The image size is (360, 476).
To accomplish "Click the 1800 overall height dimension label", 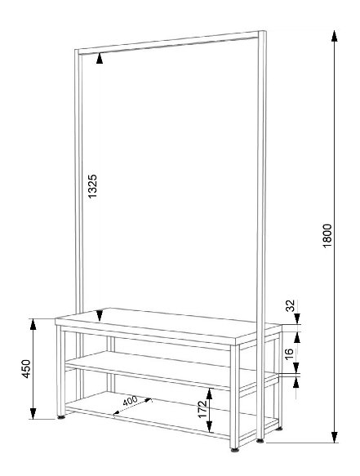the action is pyautogui.click(x=327, y=236).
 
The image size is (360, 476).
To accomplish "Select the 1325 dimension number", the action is pyautogui.click(x=92, y=186).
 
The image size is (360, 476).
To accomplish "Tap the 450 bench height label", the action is pyautogui.click(x=26, y=369).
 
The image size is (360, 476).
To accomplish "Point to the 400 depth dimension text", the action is pyautogui.click(x=131, y=401).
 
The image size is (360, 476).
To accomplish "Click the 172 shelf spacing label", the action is pyautogui.click(x=202, y=409).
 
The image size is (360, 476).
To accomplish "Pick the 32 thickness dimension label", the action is pyautogui.click(x=291, y=305).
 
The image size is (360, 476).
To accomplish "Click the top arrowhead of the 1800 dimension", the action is pyautogui.click(x=334, y=36).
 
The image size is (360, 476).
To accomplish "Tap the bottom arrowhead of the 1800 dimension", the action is pyautogui.click(x=334, y=437).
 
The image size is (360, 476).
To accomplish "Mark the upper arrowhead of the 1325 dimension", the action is pyautogui.click(x=100, y=59).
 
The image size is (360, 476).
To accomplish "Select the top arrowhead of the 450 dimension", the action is pyautogui.click(x=33, y=324).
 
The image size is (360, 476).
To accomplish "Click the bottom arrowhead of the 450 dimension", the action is pyautogui.click(x=33, y=413).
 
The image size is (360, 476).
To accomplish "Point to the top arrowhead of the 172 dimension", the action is pyautogui.click(x=209, y=394).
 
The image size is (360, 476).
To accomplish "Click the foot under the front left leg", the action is pyautogui.click(x=61, y=417).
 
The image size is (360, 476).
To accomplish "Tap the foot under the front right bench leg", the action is pyautogui.click(x=234, y=450).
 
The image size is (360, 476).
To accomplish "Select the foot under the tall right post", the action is pyautogui.click(x=260, y=441).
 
